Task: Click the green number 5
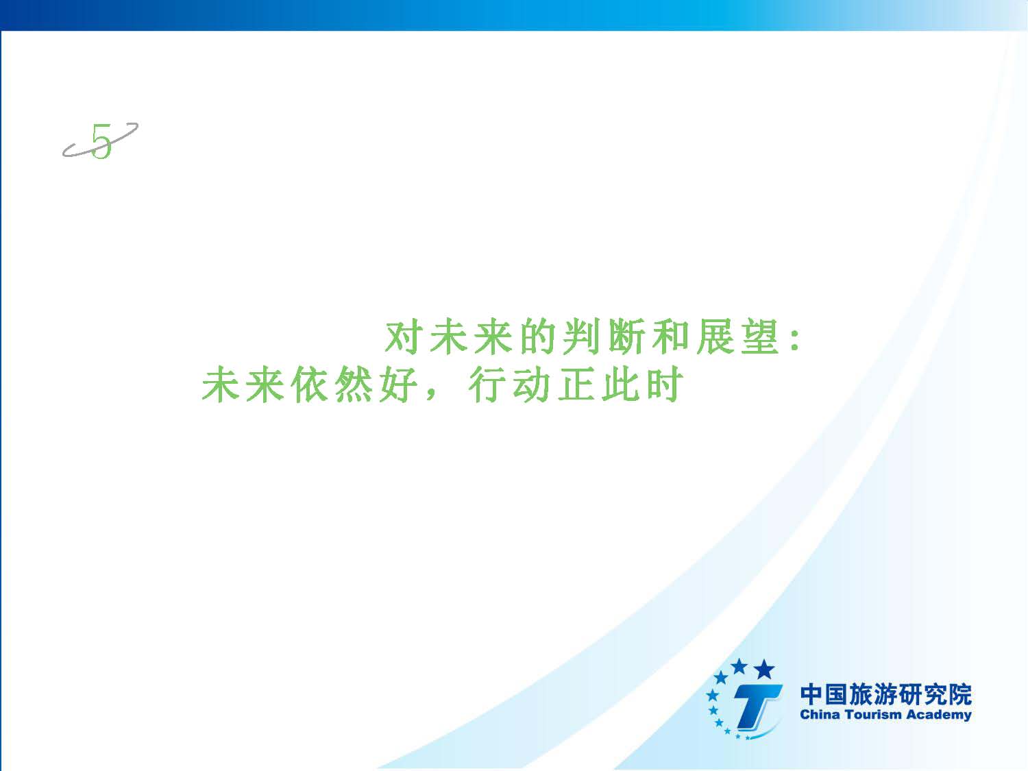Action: (x=101, y=141)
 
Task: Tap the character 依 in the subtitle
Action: (x=309, y=384)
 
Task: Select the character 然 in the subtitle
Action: (x=354, y=384)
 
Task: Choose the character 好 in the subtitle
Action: (x=399, y=384)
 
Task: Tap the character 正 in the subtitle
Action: (x=576, y=384)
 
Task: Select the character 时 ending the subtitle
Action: (x=665, y=384)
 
